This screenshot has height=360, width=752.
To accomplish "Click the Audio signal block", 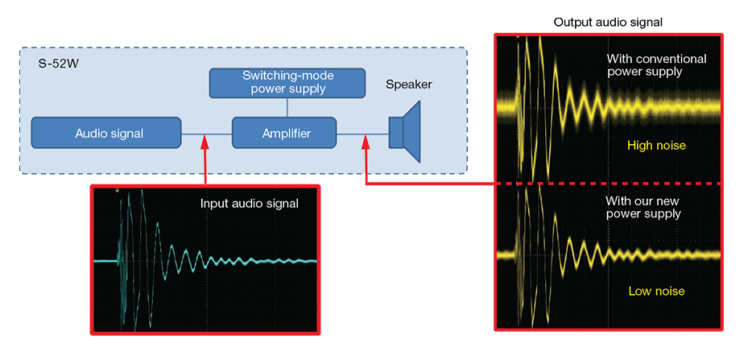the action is pos(106,133).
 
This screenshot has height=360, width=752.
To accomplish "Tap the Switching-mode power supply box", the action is pos(287,82).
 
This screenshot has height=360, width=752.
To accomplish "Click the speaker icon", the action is pos(404,130).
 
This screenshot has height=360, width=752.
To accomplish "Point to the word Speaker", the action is pos(409,85).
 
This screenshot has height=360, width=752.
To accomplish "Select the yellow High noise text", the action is pos(656,144).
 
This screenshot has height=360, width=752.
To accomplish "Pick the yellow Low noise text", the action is pos(656,291).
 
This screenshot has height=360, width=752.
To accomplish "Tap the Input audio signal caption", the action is pos(250,204).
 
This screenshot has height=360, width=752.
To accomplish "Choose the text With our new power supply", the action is pos(643,207).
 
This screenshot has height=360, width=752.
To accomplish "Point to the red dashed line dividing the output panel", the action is pos(608,184).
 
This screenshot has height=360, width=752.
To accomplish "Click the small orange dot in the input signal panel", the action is pos(117,191).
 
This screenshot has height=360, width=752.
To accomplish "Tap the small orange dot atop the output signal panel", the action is pos(518,36).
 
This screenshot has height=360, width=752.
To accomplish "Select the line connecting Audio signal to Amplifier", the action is pos(207,134).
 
